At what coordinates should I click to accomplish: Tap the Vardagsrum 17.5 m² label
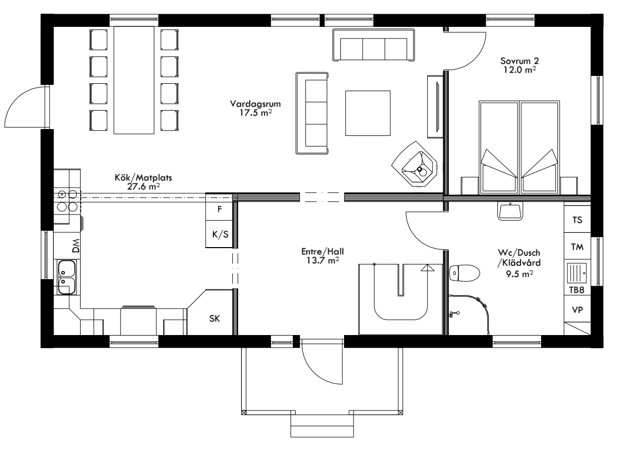[x=254, y=107]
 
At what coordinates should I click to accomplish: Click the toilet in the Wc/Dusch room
[x=464, y=273]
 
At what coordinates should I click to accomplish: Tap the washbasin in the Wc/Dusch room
[x=510, y=211]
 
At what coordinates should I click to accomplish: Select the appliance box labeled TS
[x=577, y=220]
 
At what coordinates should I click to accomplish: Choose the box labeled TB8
[x=577, y=290]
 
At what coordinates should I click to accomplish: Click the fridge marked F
[x=220, y=209]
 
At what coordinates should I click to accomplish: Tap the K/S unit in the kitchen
[x=220, y=234]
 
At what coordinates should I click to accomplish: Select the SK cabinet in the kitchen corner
[x=214, y=318]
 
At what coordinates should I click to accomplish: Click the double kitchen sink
[x=66, y=277]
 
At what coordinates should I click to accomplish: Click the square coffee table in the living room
[x=368, y=113]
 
